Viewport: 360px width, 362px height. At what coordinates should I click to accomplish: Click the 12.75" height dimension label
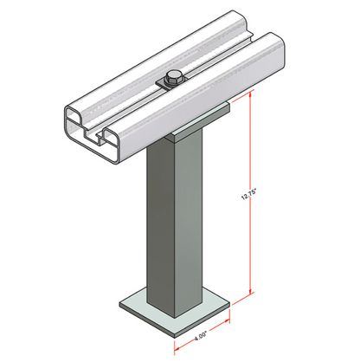point(248,194)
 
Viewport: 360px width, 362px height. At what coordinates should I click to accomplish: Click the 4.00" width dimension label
point(201,336)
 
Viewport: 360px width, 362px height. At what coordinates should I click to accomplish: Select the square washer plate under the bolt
point(172,84)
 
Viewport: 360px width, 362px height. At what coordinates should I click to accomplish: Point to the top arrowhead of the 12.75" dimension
point(251,94)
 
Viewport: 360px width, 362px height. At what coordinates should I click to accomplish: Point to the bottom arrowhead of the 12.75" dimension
point(251,290)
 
